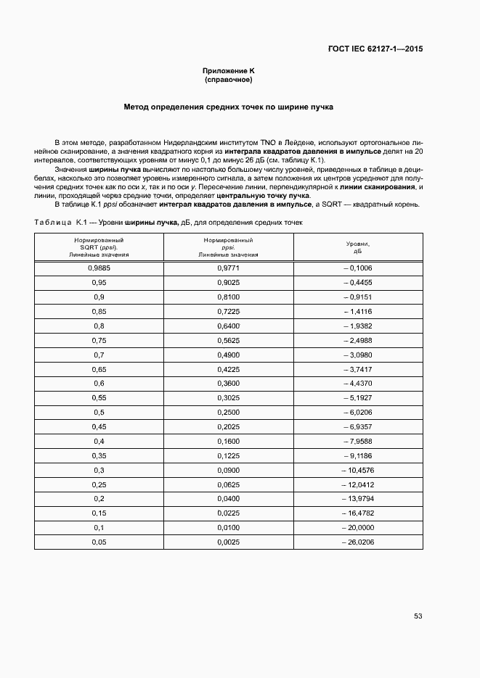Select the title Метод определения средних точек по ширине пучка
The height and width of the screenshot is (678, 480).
pyautogui.click(x=228, y=107)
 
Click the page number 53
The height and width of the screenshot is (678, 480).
pyautogui.click(x=418, y=616)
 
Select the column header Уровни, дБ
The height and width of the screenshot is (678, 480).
pyautogui.click(x=357, y=248)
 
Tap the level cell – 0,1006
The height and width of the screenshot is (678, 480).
pyautogui.click(x=357, y=268)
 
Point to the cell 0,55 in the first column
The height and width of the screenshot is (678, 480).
pyautogui.click(x=99, y=397)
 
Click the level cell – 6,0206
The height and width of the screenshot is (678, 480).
pyautogui.click(x=357, y=412)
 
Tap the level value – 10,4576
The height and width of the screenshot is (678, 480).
pyautogui.click(x=355, y=470)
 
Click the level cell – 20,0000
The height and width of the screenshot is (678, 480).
pyautogui.click(x=355, y=527)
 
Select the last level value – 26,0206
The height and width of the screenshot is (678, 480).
pyautogui.click(x=355, y=542)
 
